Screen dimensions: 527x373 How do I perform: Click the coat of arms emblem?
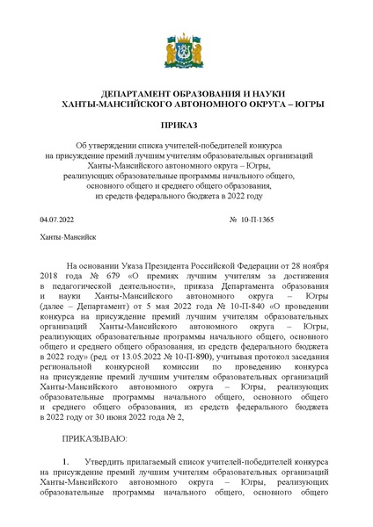(186, 54)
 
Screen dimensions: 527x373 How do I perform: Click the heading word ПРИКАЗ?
(186, 126)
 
